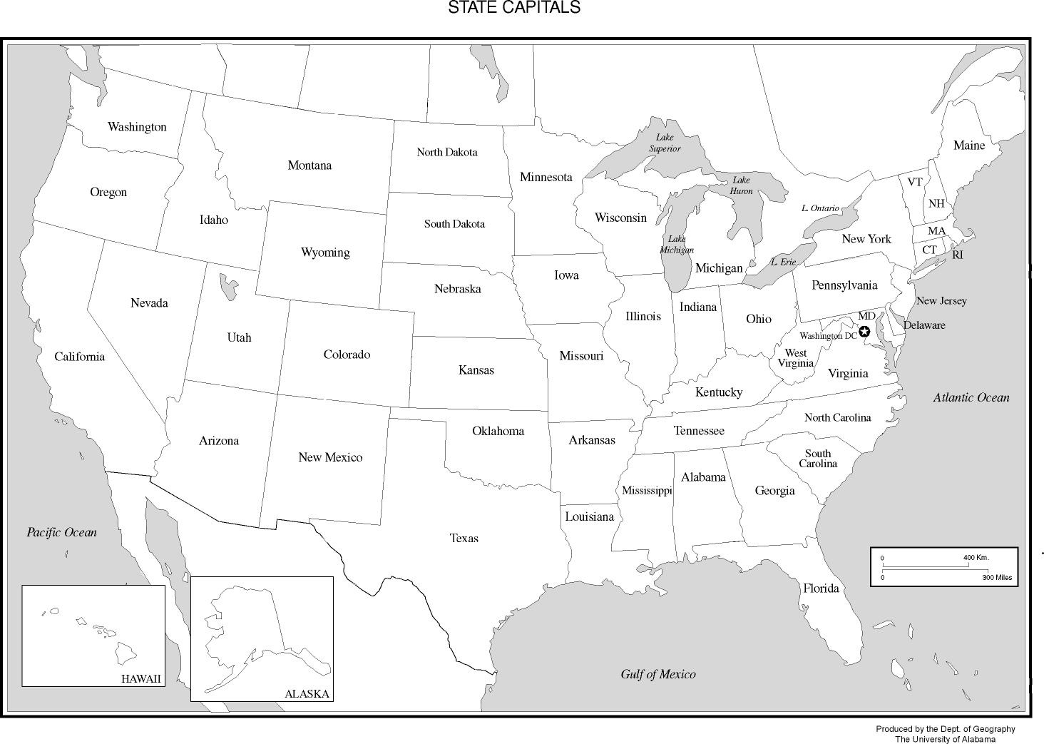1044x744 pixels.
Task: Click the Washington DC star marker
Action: (864, 332)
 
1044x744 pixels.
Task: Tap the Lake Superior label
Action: (665, 143)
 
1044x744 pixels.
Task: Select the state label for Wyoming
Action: (325, 253)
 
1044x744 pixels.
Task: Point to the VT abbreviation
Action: (915, 182)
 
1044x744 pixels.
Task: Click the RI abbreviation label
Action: (957, 255)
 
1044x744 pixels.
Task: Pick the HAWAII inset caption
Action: (141, 679)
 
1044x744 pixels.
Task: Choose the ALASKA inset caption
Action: (307, 694)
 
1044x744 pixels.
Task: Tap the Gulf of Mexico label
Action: (657, 674)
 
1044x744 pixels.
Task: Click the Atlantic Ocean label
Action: (971, 398)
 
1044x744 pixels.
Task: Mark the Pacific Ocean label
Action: (61, 532)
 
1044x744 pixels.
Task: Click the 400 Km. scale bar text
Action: (976, 557)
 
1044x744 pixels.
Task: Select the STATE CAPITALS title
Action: (513, 8)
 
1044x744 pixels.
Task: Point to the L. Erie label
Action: (783, 262)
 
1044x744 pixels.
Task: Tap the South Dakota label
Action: (454, 224)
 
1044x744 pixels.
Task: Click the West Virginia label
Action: (795, 358)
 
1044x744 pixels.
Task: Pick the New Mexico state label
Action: (330, 458)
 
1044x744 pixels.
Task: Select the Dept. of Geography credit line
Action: (945, 729)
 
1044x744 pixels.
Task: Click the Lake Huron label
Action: (741, 185)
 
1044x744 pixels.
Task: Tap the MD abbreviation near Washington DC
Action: (866, 316)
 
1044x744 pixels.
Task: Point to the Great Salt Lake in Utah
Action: (228, 287)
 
